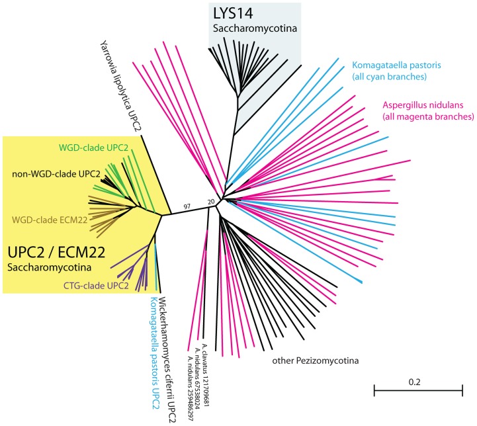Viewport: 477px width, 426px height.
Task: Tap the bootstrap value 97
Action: (188, 207)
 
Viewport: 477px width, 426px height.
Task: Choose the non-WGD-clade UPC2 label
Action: (56, 174)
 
